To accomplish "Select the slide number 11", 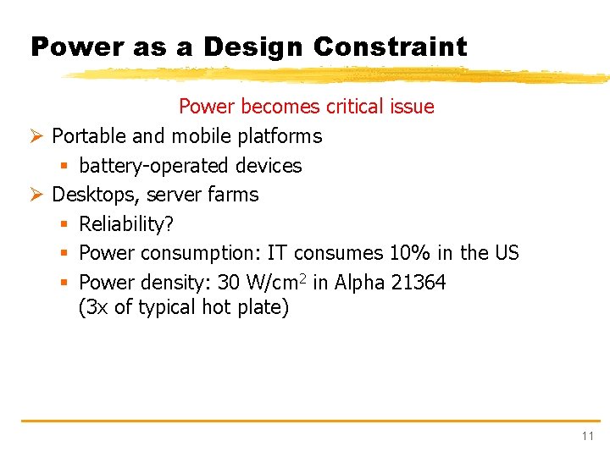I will (587, 436).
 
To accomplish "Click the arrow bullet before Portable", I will (37, 136).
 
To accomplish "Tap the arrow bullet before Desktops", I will (37, 195).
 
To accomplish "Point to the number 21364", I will (418, 282).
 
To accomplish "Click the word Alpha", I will (359, 282).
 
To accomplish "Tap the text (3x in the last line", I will (93, 308).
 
